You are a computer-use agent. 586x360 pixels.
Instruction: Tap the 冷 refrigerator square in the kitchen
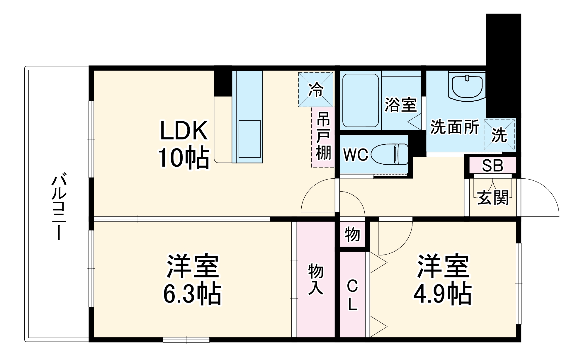(x=316, y=90)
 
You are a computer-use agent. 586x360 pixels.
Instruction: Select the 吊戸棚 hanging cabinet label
(x=323, y=136)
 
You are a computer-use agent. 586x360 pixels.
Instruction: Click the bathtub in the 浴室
(x=361, y=100)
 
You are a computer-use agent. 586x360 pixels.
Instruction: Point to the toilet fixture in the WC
(x=390, y=154)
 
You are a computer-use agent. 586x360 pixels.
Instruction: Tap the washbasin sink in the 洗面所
(x=467, y=86)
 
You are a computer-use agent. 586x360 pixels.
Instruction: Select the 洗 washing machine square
(x=500, y=135)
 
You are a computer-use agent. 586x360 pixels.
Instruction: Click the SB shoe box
(x=492, y=166)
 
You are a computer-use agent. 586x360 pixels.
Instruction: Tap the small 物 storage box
(x=352, y=234)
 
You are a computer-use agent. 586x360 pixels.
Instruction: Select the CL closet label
(x=352, y=294)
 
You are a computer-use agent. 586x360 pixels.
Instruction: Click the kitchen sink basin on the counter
(x=249, y=139)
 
